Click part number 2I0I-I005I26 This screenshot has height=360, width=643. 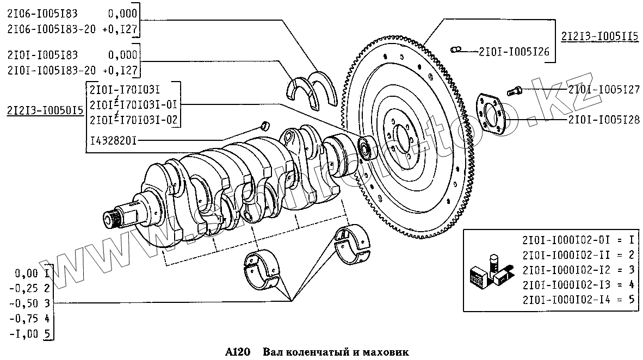click(514, 52)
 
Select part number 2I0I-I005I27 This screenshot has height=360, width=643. click(604, 90)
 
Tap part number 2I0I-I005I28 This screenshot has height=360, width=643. click(604, 119)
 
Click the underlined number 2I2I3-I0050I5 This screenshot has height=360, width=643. click(45, 111)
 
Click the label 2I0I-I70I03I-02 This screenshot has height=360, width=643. click(134, 120)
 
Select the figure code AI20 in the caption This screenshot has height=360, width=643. click(237, 352)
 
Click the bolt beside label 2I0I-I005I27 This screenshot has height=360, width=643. click(514, 91)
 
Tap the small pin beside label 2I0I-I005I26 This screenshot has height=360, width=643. click(456, 51)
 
